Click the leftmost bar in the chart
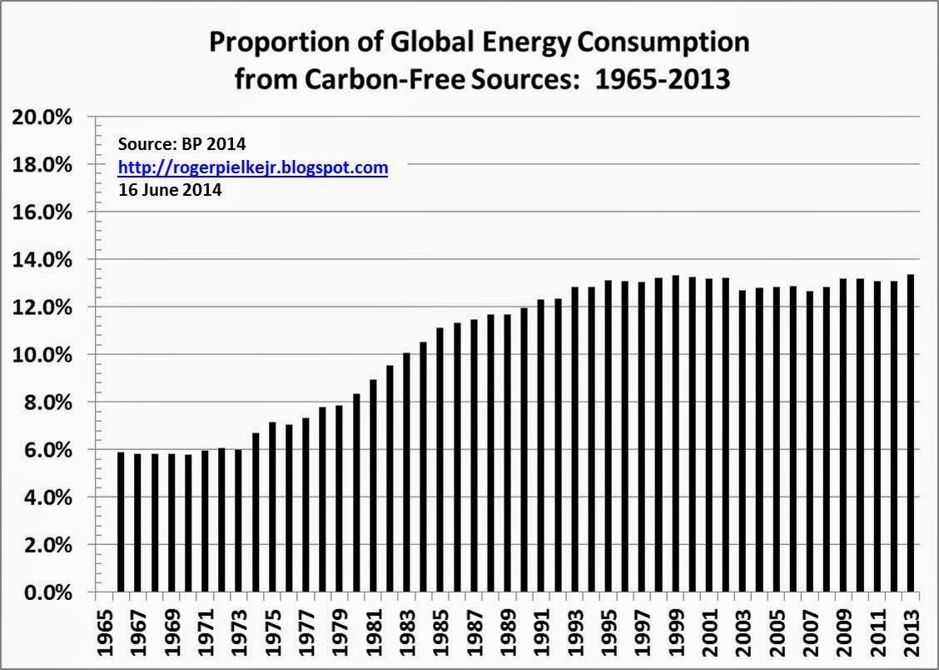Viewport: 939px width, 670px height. click(121, 522)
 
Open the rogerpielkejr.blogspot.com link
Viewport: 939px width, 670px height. click(253, 167)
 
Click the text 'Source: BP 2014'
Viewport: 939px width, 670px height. click(182, 145)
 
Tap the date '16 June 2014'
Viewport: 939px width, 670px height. click(170, 189)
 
